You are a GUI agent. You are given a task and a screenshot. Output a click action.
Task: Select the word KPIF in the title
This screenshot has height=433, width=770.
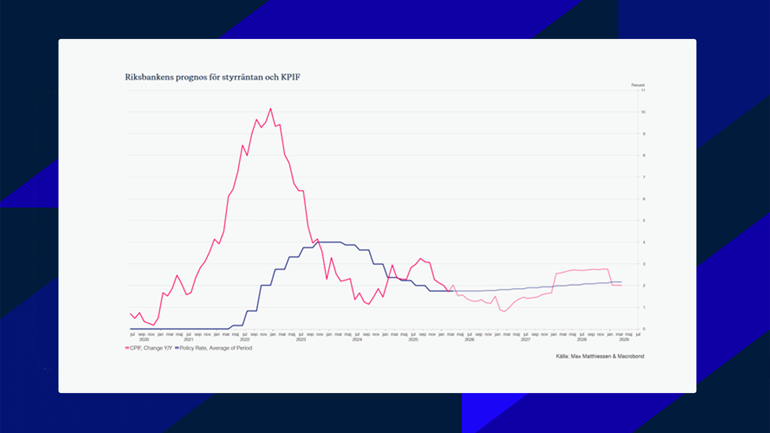[290, 77]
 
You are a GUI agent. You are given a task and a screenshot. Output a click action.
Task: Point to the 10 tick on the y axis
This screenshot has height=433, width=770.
[643, 112]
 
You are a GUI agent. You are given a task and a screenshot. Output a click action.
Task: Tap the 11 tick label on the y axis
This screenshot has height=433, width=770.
[643, 90]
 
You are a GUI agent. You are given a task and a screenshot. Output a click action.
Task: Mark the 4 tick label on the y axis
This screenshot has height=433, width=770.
[644, 242]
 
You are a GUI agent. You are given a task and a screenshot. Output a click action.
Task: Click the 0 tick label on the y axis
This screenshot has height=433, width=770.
[644, 329]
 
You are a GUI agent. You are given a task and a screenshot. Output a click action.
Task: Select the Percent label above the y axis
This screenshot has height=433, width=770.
[638, 85]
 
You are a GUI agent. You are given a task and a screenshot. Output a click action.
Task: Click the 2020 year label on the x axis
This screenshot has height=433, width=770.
[144, 339]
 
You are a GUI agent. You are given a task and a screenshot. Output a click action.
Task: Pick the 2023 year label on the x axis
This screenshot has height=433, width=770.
[301, 339]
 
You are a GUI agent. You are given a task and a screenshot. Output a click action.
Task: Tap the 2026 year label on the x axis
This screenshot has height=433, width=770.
[469, 339]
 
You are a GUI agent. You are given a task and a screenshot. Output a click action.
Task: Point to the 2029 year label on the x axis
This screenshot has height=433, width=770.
[624, 339]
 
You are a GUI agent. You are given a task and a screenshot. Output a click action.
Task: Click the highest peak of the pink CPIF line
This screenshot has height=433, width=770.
[270, 109]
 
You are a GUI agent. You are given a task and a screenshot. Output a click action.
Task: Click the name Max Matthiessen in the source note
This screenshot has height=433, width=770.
[591, 357]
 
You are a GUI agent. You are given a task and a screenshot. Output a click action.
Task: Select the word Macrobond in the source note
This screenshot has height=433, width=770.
[631, 357]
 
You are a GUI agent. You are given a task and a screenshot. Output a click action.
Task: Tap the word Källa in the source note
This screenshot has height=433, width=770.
[562, 357]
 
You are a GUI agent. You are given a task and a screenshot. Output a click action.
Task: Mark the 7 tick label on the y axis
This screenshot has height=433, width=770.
[644, 177]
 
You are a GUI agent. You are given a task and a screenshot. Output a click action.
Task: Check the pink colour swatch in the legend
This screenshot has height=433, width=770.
[127, 348]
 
